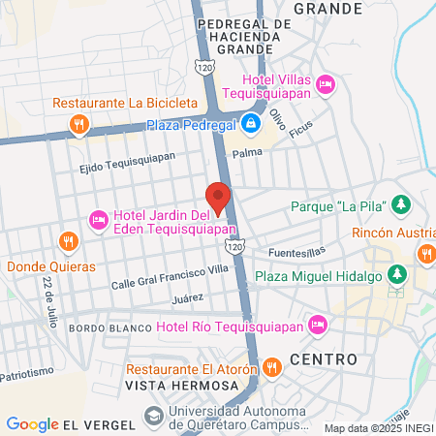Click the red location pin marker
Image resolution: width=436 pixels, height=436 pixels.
tap(218, 197)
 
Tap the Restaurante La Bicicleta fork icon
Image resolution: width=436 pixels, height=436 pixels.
tap(78, 124)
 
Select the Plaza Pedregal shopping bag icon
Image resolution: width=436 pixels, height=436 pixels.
tap(251, 123)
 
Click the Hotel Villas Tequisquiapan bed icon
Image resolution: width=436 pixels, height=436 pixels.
tap(327, 85)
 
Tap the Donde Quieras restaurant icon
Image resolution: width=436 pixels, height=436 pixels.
tap(68, 241)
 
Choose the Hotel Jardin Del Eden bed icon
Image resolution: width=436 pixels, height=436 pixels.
tap(98, 222)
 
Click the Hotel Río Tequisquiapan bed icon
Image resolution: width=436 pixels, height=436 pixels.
tap(316, 324)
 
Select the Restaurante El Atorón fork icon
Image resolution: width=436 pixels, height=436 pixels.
tap(272, 367)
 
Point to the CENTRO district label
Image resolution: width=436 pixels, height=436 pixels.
tap(323, 358)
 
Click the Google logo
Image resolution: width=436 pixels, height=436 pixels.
tap(32, 423)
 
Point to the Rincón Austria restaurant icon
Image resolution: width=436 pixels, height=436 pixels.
tap(425, 253)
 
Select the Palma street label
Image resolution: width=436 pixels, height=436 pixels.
tap(247, 153)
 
